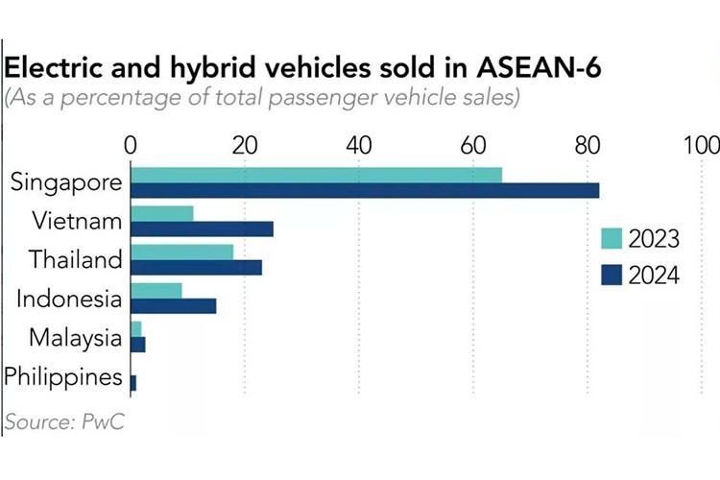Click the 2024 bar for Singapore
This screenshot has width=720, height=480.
point(365,190)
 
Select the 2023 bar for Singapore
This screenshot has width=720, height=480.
point(316,175)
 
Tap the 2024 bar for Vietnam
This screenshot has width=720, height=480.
point(202,228)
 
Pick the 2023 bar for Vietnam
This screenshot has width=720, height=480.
point(161,213)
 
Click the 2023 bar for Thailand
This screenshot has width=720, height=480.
point(181,252)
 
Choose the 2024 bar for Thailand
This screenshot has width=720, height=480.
point(196,267)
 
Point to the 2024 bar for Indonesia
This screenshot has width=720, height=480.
point(173,305)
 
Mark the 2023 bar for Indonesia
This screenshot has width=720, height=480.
point(156,290)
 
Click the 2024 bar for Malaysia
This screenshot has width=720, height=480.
point(137,344)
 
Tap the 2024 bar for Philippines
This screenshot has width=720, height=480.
point(132,382)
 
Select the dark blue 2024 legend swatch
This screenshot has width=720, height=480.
point(610,275)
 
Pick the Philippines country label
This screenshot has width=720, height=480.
point(63,376)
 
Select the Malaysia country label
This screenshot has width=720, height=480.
point(76,338)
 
